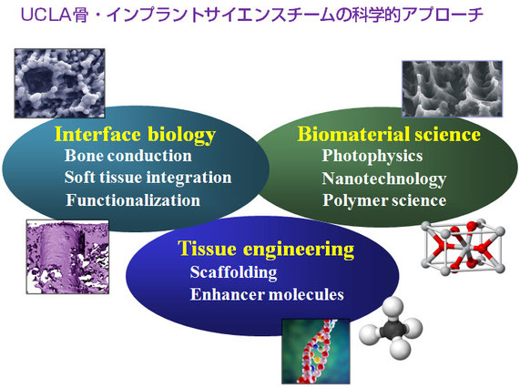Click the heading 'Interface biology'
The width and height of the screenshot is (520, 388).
[x=135, y=135]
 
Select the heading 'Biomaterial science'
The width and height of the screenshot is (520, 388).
[x=389, y=134]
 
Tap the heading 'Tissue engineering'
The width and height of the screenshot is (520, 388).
[x=266, y=249]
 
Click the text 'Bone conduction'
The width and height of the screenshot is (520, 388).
[x=128, y=156]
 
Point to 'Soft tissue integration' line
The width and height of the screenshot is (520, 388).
[x=148, y=178]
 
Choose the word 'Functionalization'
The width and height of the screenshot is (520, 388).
[x=133, y=200]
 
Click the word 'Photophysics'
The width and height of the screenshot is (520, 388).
[x=372, y=156]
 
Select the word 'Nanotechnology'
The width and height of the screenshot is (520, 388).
[x=384, y=179]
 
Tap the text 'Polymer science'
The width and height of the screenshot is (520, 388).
[x=384, y=200]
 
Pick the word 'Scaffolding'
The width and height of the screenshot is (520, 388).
[x=233, y=272]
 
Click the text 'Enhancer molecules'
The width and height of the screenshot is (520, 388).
[x=267, y=294]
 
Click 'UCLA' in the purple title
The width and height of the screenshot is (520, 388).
[x=46, y=15]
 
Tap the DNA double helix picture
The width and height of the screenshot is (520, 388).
[x=316, y=352]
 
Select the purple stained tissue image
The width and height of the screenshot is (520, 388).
[x=67, y=257]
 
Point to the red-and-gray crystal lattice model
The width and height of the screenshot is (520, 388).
[x=464, y=247]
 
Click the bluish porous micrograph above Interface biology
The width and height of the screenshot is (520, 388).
[x=60, y=83]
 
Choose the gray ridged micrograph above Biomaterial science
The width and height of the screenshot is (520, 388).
[x=453, y=89]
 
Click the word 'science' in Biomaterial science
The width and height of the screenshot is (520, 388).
[x=447, y=134]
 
